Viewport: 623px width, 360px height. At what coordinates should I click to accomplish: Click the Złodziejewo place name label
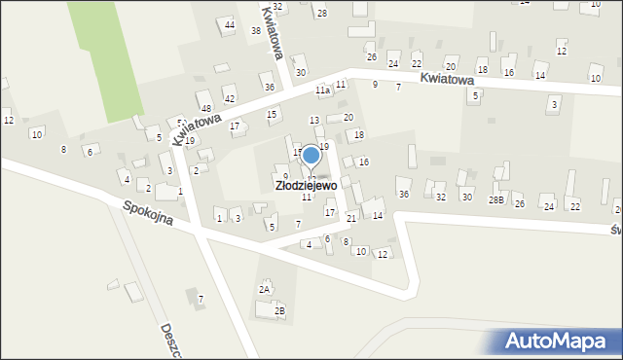point(306,184)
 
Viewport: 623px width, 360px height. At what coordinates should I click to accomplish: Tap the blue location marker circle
point(311,155)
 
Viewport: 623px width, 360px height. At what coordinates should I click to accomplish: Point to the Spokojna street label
point(148,213)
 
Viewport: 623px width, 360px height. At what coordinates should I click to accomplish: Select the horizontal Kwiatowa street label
point(447,79)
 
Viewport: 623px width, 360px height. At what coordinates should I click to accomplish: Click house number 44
point(230,24)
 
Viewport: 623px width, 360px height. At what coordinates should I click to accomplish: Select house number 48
point(205,107)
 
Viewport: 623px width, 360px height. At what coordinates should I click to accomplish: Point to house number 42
point(230,99)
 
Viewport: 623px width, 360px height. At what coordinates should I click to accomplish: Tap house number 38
point(256,31)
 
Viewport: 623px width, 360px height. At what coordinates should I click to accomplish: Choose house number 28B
point(495,199)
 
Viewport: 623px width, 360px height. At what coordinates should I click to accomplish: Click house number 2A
point(264,289)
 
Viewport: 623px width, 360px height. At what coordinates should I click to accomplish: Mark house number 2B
point(279,311)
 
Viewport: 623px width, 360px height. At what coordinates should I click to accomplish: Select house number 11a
point(322,90)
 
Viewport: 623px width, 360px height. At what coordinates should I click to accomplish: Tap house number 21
point(351,218)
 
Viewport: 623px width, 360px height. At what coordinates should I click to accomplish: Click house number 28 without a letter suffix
point(322,13)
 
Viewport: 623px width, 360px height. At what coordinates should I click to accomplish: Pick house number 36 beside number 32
point(404,195)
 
